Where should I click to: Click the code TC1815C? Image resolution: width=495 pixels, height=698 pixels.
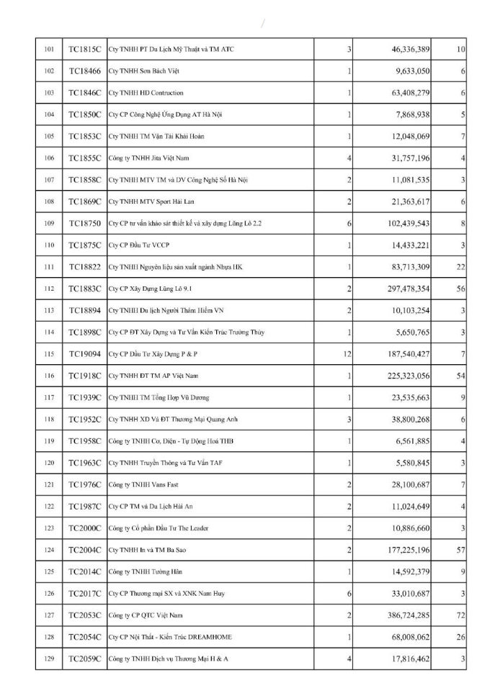(x=84, y=49)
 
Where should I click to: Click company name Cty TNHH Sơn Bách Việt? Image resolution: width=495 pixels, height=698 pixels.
(x=143, y=71)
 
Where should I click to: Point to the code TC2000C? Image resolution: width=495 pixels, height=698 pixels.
(x=84, y=527)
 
